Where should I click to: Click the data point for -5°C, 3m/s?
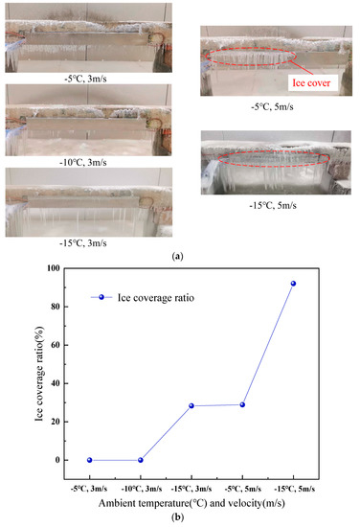pos(89,460)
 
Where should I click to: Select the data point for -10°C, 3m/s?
pos(141,460)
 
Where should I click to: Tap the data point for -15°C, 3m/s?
pos(191,405)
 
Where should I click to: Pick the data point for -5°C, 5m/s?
pos(243,404)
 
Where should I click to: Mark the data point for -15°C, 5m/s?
pos(294,284)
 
